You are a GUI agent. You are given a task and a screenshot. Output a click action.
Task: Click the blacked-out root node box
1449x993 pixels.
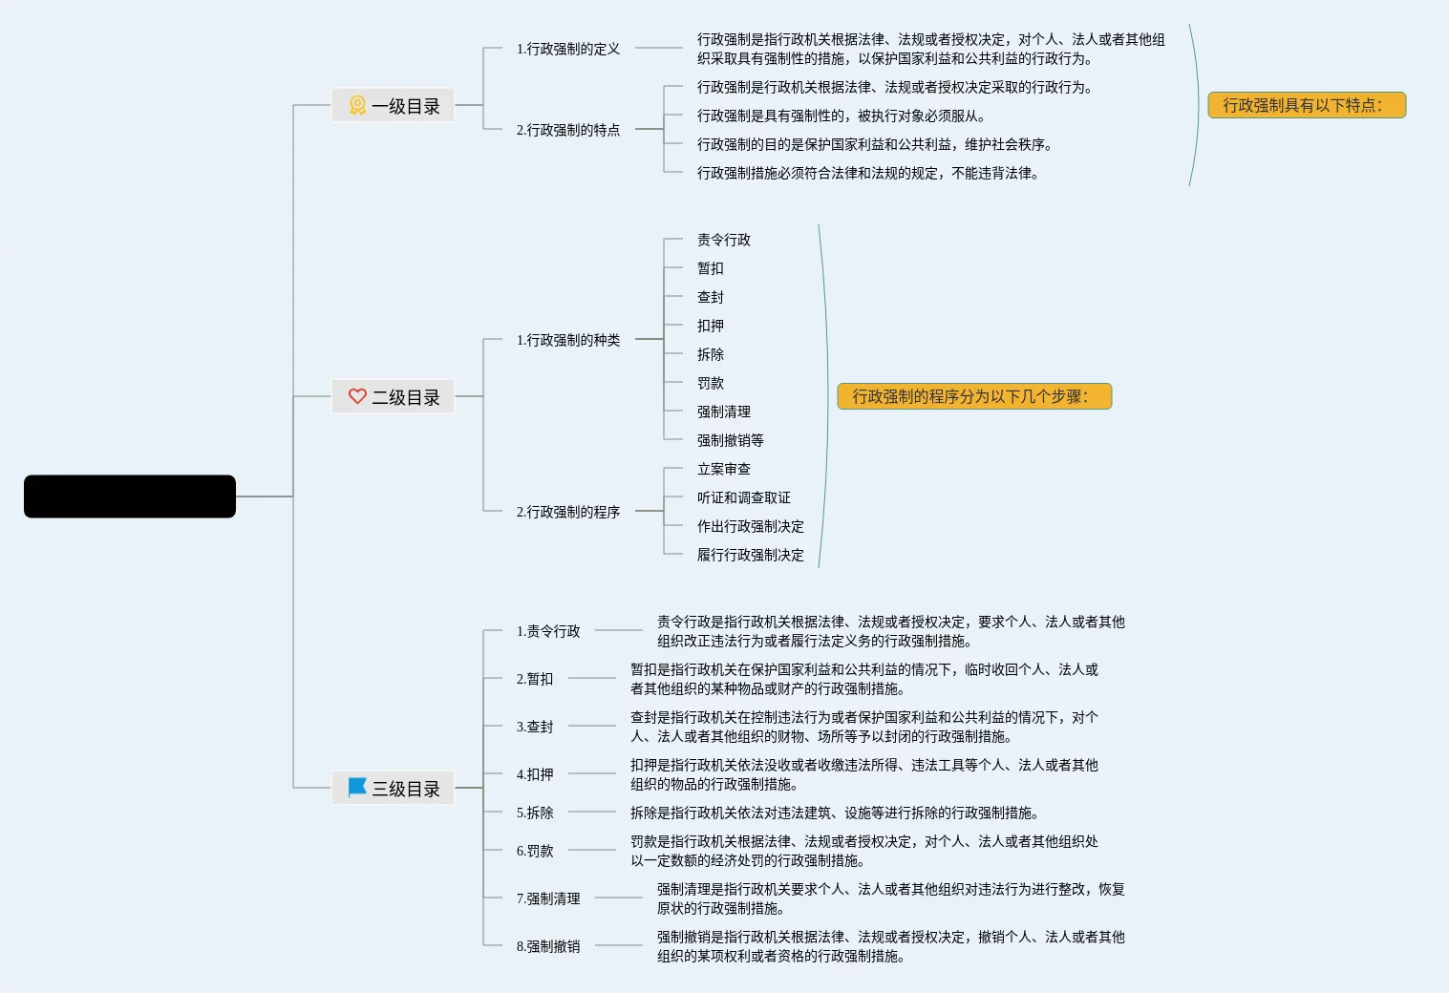click(130, 496)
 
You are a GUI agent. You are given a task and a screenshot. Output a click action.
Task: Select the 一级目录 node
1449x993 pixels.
click(394, 106)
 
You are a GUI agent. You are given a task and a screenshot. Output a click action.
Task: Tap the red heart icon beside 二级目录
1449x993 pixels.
click(357, 396)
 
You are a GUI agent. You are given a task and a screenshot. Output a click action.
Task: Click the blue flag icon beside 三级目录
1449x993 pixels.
click(357, 788)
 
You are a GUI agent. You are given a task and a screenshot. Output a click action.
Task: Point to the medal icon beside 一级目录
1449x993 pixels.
click(357, 105)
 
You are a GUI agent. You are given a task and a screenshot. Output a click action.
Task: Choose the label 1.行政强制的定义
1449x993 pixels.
click(567, 49)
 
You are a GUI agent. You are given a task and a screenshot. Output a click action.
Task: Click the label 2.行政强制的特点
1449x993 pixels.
click(567, 130)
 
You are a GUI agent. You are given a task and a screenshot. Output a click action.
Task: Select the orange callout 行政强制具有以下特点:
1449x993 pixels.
click(1306, 105)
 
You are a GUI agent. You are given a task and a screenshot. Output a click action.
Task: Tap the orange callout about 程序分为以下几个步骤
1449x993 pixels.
click(973, 396)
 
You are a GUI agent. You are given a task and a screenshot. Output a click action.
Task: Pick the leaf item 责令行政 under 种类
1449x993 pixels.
click(723, 240)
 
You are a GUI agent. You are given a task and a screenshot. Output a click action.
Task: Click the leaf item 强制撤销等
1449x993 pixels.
click(730, 440)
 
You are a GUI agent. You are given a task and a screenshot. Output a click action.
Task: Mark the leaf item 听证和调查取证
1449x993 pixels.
click(743, 497)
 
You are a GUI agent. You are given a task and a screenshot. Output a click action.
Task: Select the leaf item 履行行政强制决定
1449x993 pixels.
click(750, 555)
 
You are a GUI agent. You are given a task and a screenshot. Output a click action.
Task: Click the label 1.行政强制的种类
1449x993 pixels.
click(567, 340)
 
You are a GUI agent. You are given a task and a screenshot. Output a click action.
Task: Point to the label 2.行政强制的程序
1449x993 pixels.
click(567, 512)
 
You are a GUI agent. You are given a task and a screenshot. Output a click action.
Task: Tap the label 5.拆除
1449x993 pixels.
click(535, 813)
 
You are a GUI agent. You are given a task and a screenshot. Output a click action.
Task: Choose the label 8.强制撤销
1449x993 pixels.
click(548, 946)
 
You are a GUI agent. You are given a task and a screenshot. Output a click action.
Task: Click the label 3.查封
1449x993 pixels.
click(535, 727)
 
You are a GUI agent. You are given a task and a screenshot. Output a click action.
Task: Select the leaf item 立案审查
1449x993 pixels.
click(723, 469)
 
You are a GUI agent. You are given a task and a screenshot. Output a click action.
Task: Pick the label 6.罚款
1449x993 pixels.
click(535, 851)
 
